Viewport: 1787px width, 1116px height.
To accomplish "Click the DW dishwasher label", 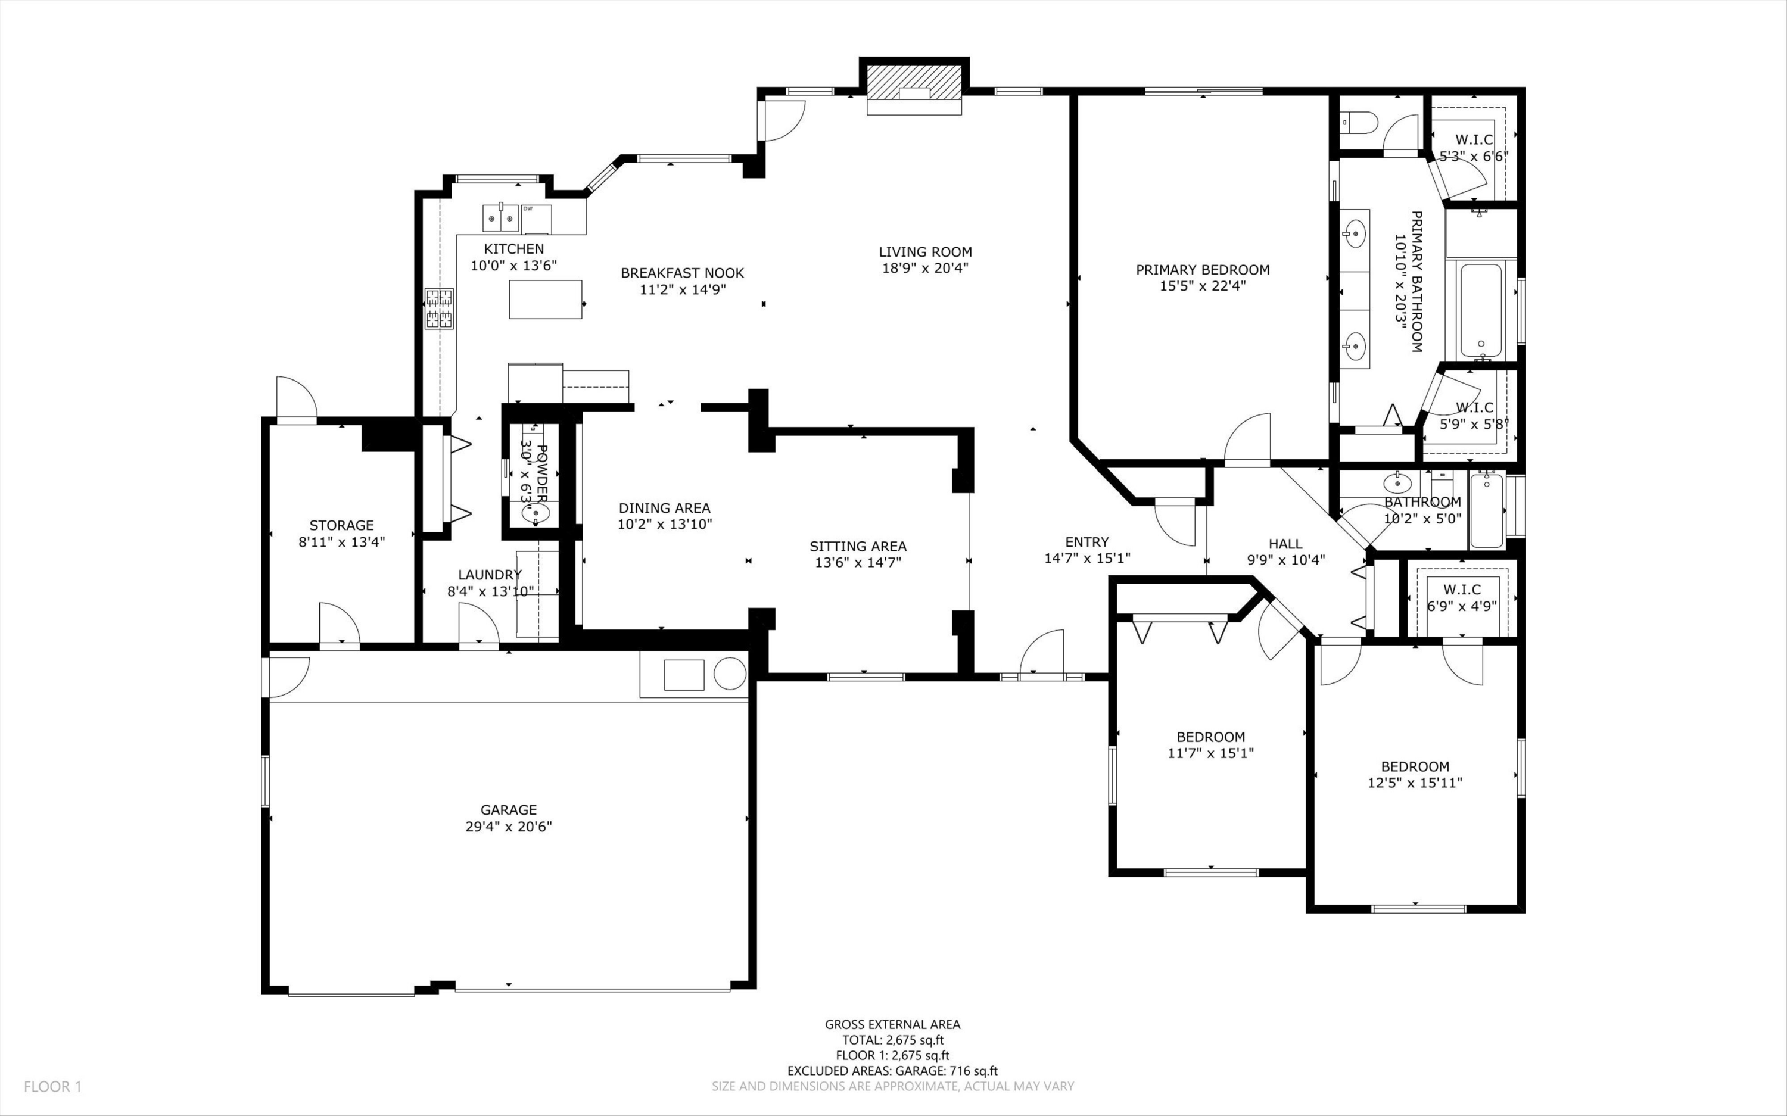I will tap(528, 209).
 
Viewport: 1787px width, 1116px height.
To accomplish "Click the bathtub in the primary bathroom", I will tap(1480, 311).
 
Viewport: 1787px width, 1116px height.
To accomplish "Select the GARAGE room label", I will tap(509, 810).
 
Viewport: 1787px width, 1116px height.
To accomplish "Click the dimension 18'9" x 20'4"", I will tap(925, 268).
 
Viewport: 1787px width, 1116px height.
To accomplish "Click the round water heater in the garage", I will tap(729, 673).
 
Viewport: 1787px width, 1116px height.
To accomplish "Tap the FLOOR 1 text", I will tap(52, 1086).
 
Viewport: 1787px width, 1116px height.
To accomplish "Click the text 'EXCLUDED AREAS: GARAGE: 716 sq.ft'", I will tap(892, 1071).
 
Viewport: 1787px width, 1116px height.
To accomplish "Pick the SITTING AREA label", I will tap(858, 546).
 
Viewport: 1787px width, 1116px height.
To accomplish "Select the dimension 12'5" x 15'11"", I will tap(1414, 783).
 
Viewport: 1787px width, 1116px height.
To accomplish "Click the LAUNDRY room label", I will tap(490, 574).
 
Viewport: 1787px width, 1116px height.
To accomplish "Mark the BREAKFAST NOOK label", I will tap(682, 273).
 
